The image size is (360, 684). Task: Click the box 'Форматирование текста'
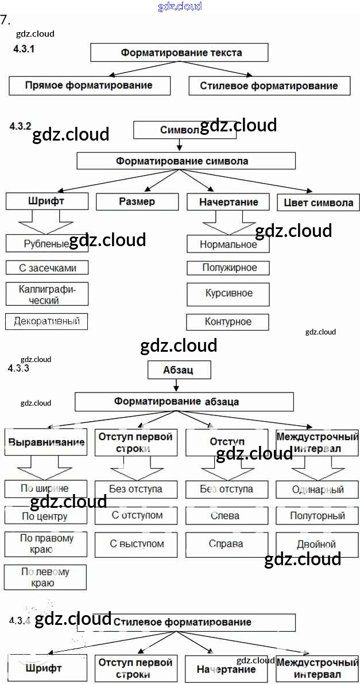pyautogui.click(x=180, y=53)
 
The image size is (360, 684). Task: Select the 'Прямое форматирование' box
pyautogui.click(x=90, y=85)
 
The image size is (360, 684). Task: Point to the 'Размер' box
pyautogui.click(x=137, y=201)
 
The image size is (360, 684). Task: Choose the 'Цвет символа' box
pyautogui.click(x=319, y=203)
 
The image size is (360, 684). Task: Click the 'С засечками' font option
pyautogui.click(x=47, y=268)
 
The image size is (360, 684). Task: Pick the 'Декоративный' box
pyautogui.click(x=47, y=321)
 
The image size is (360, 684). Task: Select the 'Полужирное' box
pyautogui.click(x=230, y=268)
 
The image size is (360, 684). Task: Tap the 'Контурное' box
pyautogui.click(x=228, y=322)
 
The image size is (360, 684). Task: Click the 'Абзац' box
pyautogui.click(x=180, y=370)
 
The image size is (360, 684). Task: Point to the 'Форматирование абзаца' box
pyautogui.click(x=184, y=402)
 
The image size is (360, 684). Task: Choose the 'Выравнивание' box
pyautogui.click(x=46, y=442)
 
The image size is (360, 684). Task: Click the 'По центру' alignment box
pyautogui.click(x=45, y=516)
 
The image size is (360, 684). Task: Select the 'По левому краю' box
pyautogui.click(x=45, y=577)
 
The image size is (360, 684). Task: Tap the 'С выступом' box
pyautogui.click(x=137, y=543)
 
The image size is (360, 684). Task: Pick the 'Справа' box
pyautogui.click(x=227, y=543)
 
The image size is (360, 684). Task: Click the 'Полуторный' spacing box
pyautogui.click(x=318, y=516)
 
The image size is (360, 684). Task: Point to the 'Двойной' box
pyautogui.click(x=317, y=544)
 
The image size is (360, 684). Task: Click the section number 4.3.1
pyautogui.click(x=24, y=49)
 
